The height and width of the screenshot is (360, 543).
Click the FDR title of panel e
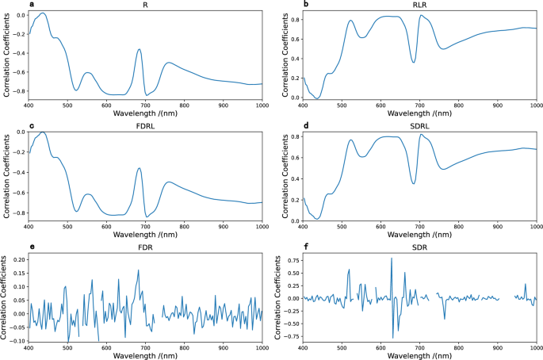(145, 247)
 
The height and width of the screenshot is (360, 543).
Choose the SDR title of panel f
(419, 247)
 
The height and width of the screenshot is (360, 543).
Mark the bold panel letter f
(285, 247)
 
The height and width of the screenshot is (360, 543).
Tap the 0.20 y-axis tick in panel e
(16, 259)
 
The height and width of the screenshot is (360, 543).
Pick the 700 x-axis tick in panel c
(145, 227)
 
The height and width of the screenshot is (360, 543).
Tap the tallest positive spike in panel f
(391, 258)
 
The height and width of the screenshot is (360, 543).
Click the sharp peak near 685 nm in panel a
(140, 50)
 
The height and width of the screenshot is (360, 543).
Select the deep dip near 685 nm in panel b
(414, 62)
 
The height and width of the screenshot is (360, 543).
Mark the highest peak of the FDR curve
(139, 270)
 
